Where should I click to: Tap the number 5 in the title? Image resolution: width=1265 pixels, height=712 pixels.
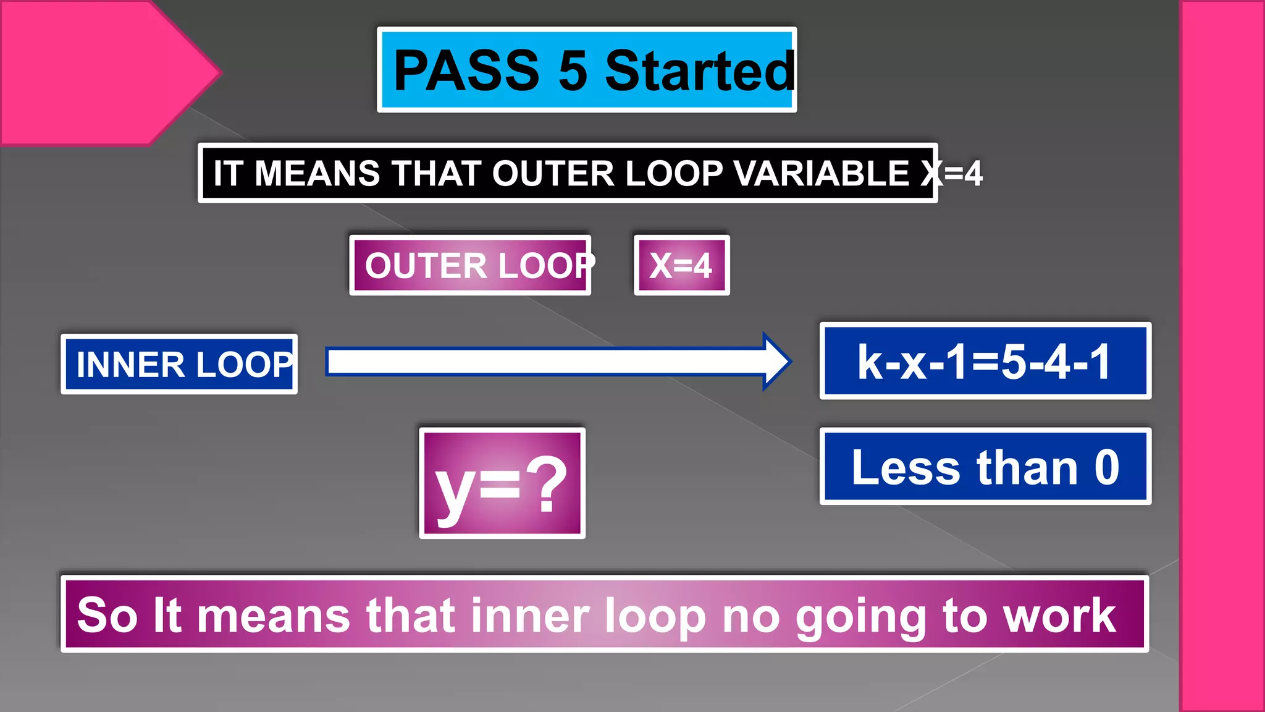[x=573, y=70]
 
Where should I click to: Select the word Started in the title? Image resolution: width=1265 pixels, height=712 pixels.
[x=699, y=70]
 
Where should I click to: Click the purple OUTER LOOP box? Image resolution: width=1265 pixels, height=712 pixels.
[x=471, y=265]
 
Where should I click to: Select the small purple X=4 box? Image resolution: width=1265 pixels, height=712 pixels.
[x=681, y=265]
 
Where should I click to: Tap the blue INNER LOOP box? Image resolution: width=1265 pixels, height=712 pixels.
[x=179, y=364]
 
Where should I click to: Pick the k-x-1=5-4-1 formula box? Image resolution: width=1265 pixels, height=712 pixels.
[x=985, y=361]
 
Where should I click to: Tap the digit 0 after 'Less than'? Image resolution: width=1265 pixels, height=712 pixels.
[x=1107, y=467]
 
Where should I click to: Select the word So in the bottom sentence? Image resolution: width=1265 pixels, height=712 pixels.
[x=107, y=616]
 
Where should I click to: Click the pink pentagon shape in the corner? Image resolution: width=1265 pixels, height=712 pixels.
[x=93, y=71]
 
